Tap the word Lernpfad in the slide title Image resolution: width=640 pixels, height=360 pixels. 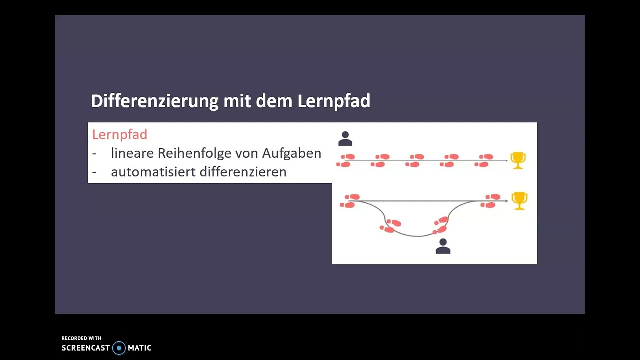coord(334,101)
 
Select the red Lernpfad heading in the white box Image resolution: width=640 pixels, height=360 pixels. coord(119,134)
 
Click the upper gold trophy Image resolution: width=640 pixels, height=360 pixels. coord(518,160)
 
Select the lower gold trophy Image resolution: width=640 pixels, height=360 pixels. coord(519,200)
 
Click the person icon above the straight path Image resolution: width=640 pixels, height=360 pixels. coord(345,139)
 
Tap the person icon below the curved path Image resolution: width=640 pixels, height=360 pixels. coord(443,246)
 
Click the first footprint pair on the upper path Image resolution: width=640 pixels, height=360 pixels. coord(346,160)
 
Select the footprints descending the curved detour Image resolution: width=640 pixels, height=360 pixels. coord(390,226)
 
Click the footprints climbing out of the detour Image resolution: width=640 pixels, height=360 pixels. coord(440,225)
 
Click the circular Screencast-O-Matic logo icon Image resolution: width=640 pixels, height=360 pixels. coord(119,348)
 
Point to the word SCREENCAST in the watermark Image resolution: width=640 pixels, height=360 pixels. coord(85,348)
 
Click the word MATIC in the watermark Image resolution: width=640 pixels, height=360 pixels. coord(139,348)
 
